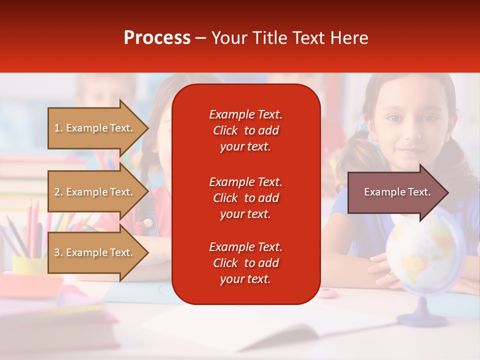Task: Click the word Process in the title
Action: pyautogui.click(x=157, y=38)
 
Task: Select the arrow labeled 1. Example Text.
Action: pyautogui.click(x=95, y=128)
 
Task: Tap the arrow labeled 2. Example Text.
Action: pyautogui.click(x=95, y=192)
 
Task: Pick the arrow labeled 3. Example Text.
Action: pyautogui.click(x=95, y=252)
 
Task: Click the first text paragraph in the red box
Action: pyautogui.click(x=245, y=130)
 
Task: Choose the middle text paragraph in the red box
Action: pyautogui.click(x=245, y=198)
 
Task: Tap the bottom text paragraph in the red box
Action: pyautogui.click(x=245, y=263)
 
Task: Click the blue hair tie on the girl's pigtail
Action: pyautogui.click(x=363, y=128)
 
